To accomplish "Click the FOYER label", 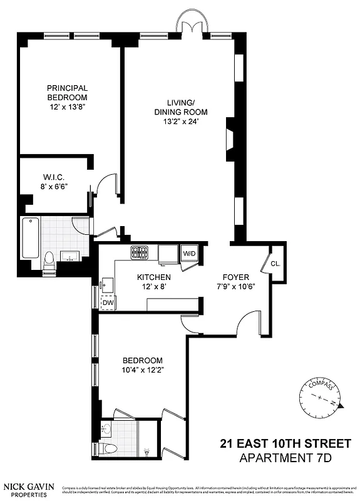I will click(x=236, y=277).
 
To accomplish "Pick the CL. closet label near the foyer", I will click(x=275, y=263).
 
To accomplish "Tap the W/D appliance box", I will click(x=188, y=254).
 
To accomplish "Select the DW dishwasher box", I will click(x=108, y=302).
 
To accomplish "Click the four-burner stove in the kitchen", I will click(x=139, y=252).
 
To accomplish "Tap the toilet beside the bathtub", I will click(x=49, y=261).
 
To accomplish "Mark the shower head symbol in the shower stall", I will click(x=147, y=450).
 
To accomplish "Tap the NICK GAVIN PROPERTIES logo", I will click(x=29, y=489).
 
